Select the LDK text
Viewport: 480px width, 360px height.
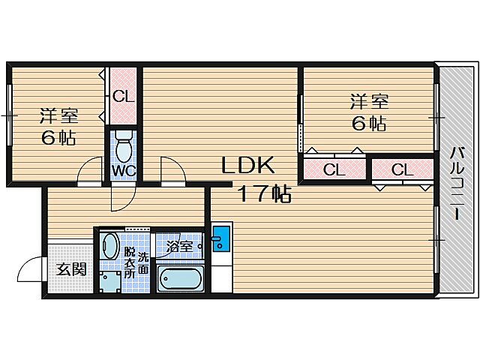(247, 165)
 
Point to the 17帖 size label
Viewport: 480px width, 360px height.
(264, 194)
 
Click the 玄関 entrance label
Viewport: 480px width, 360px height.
(71, 269)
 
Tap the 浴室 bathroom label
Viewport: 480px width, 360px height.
(180, 245)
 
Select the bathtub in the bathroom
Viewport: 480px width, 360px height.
(180, 279)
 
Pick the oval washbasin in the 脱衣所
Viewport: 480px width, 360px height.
(110, 247)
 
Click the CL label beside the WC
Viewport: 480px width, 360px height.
(123, 96)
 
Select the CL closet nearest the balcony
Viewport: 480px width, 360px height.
(403, 170)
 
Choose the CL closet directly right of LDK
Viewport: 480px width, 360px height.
(334, 170)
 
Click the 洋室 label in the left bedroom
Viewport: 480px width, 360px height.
(59, 116)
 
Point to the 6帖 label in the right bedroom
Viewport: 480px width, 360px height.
(369, 124)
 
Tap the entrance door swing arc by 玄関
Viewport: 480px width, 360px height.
(30, 268)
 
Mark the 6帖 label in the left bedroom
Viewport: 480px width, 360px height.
(58, 138)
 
